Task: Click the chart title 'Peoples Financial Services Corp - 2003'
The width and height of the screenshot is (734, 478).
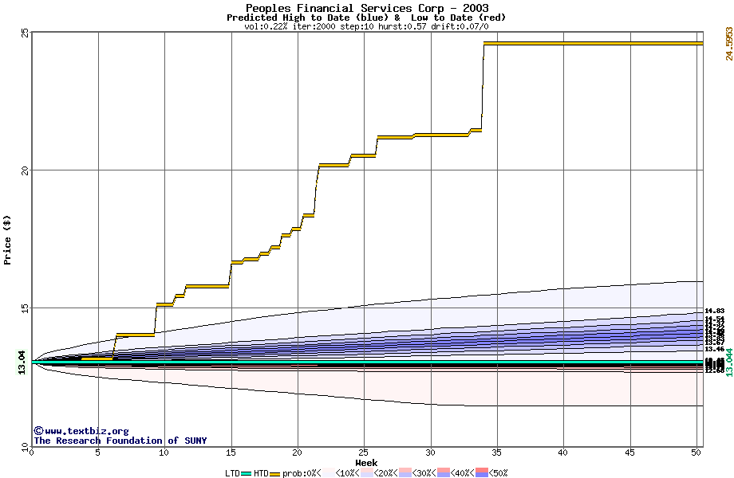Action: coord(367,8)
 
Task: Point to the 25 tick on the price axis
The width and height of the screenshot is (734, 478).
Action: coord(25,33)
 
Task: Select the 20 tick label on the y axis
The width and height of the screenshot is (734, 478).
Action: coord(25,170)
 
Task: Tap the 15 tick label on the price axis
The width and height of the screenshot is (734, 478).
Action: coord(25,308)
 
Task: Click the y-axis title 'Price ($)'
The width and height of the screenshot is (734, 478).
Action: coord(8,239)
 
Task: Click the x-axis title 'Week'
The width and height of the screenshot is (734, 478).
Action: coord(366,463)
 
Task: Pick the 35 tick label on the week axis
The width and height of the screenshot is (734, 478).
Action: coord(497,453)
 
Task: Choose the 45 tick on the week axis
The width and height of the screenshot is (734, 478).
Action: coord(629,453)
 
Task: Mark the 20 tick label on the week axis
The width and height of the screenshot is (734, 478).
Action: coord(298,453)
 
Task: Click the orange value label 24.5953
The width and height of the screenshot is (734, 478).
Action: coord(728,43)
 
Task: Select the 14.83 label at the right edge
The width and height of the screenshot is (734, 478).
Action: coord(714,311)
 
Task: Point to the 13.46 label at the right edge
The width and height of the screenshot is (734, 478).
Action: coord(714,349)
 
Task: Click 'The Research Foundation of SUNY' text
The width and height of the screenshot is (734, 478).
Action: coord(120,441)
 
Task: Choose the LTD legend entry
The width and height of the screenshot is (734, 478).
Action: coord(232,473)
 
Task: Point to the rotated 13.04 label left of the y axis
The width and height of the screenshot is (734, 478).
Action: coord(22,362)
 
